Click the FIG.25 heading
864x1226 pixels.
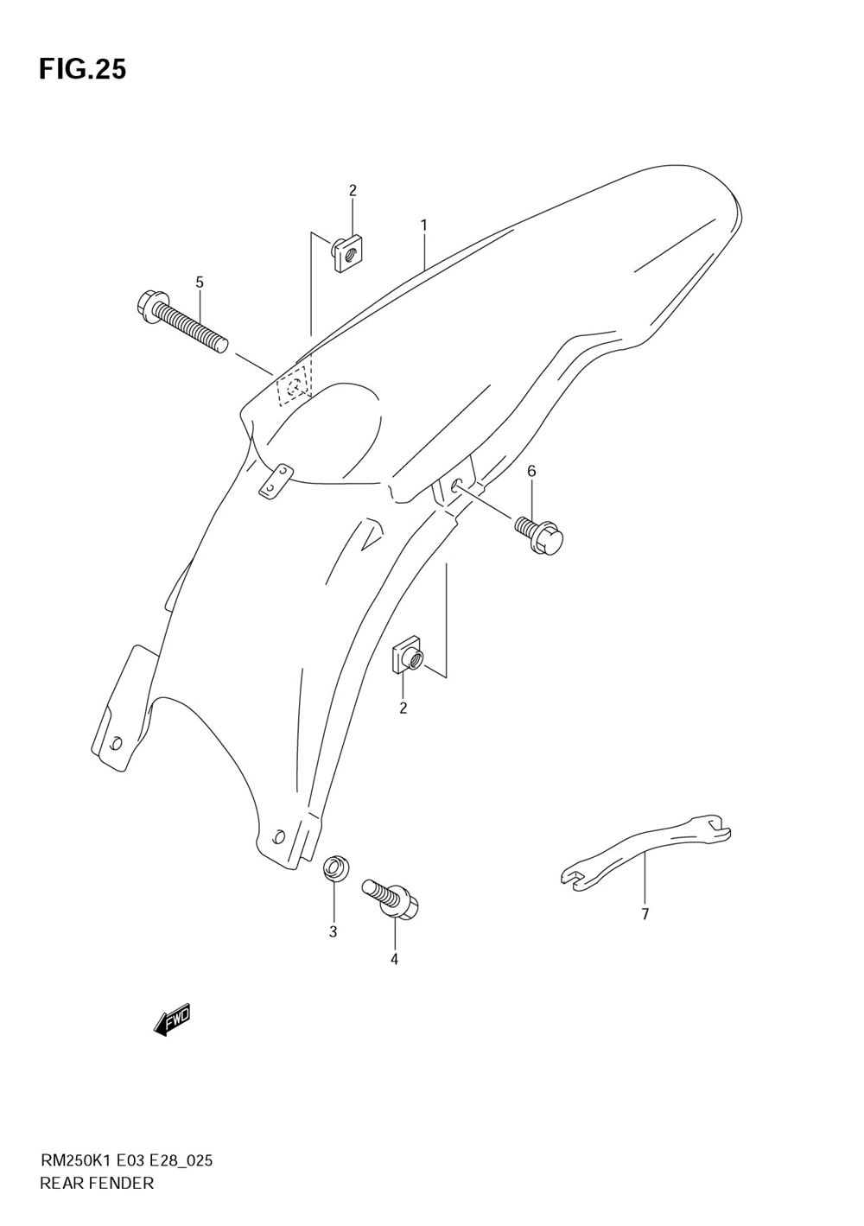[82, 69]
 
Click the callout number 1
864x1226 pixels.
[424, 226]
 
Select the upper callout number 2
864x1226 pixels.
[353, 191]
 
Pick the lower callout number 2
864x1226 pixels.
[403, 708]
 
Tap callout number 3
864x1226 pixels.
[333, 931]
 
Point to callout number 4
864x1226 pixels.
[394, 958]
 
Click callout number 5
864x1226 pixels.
[200, 282]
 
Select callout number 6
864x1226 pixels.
[531, 471]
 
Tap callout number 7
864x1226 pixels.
[645, 914]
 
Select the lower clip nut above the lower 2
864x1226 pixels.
[407, 657]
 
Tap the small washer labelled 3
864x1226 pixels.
[334, 869]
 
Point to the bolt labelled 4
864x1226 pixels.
[393, 898]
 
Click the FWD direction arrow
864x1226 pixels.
[172, 1020]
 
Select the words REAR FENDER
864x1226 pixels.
[97, 1183]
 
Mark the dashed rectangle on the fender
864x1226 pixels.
[295, 384]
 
